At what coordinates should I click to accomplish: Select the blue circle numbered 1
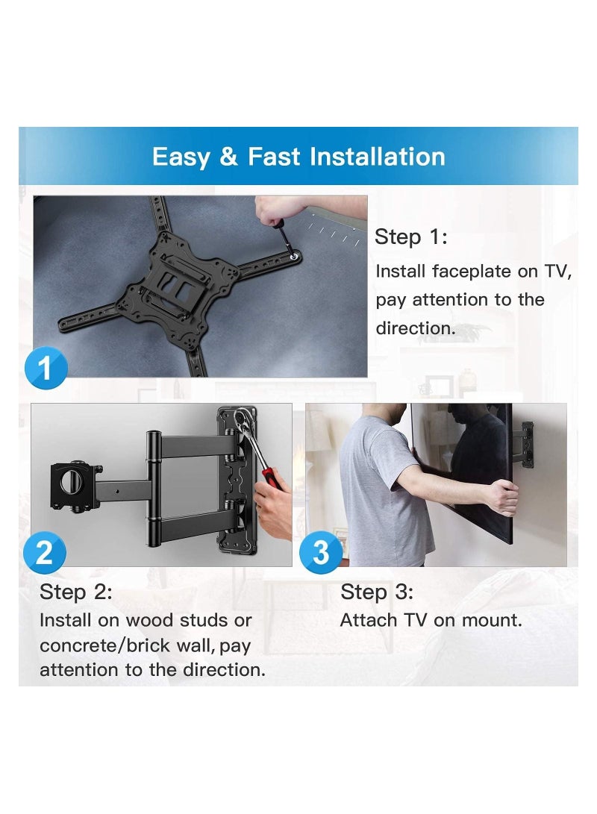[x=46, y=369]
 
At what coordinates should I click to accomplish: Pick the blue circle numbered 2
[x=44, y=552]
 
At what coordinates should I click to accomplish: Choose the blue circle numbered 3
[x=321, y=552]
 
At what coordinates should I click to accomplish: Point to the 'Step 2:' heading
[x=75, y=592]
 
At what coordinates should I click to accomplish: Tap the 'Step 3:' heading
[x=377, y=592]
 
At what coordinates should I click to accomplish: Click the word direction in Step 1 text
[x=415, y=329]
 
